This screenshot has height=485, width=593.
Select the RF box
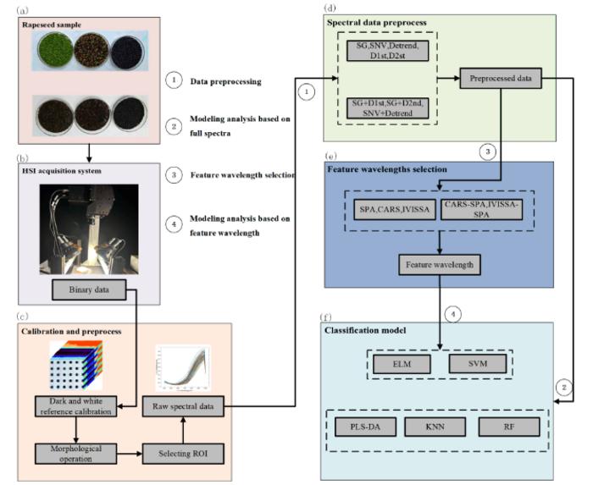[x=507, y=428]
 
